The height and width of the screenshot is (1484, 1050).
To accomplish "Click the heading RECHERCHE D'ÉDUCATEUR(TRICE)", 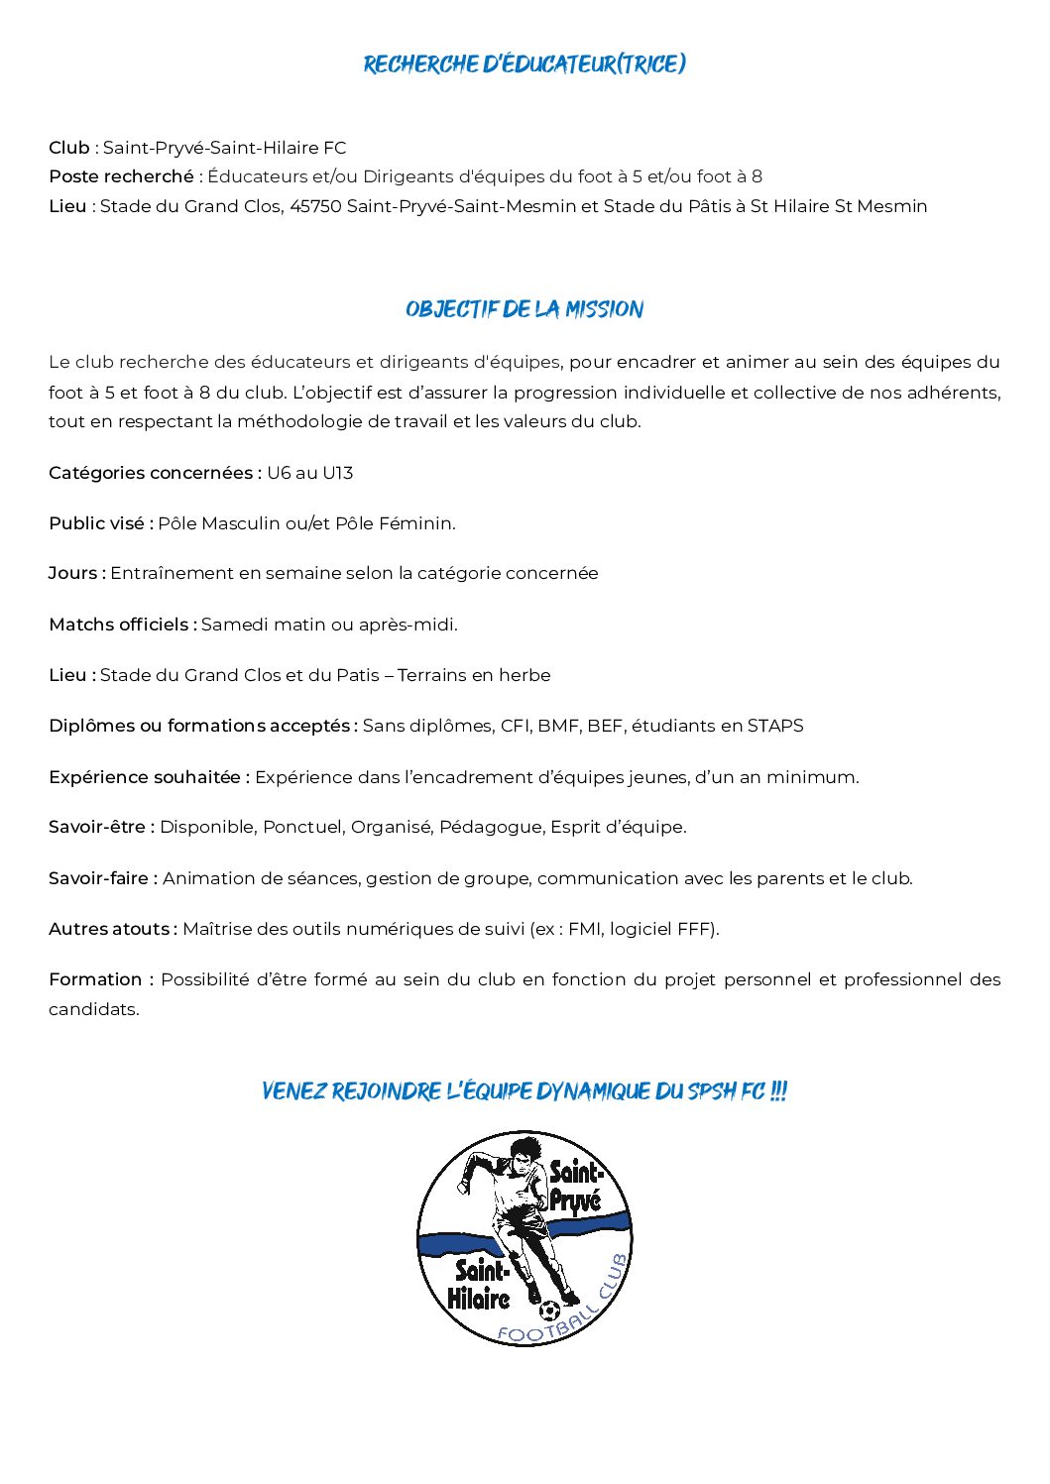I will click(x=525, y=64).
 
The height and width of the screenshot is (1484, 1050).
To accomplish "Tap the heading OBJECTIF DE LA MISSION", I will click(x=525, y=309).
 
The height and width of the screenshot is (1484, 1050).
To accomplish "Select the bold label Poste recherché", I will click(x=121, y=176).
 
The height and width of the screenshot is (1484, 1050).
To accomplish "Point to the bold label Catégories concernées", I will click(x=154, y=473).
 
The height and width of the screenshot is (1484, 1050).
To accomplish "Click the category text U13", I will click(x=337, y=473).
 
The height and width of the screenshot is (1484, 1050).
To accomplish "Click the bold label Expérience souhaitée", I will click(x=148, y=777).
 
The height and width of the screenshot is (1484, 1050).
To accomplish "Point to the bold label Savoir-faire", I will click(x=102, y=878).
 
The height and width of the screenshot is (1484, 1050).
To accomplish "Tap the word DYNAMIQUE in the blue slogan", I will click(x=609, y=1091).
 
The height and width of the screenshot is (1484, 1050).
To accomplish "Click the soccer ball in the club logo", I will click(x=550, y=1311).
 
